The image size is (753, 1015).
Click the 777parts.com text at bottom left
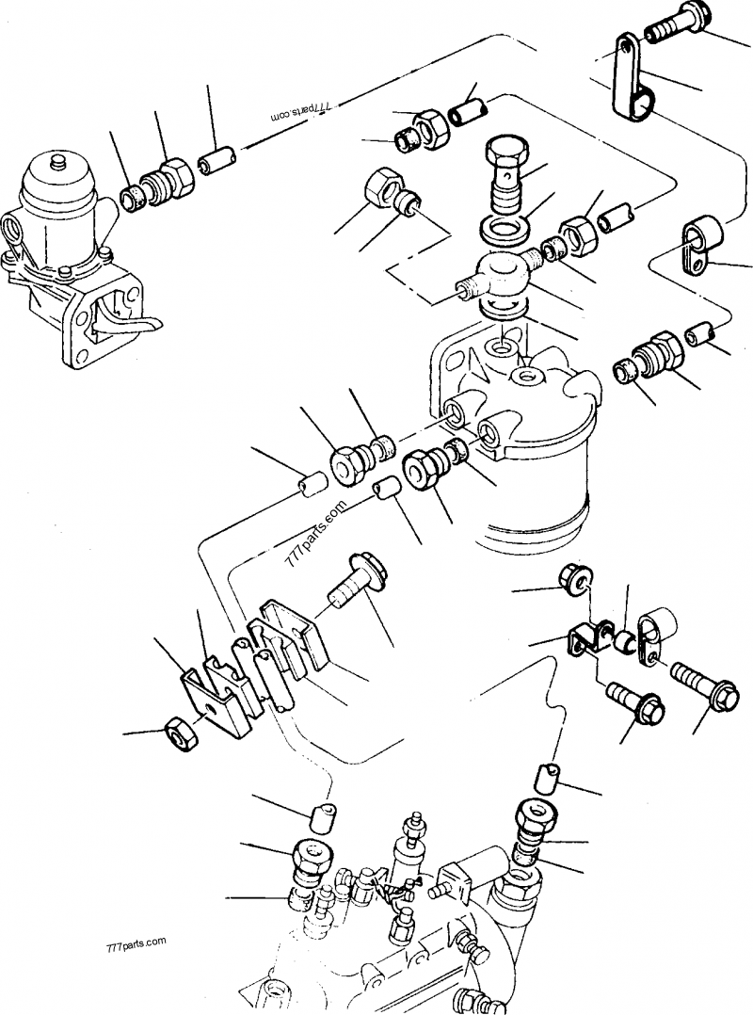tap(135, 941)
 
